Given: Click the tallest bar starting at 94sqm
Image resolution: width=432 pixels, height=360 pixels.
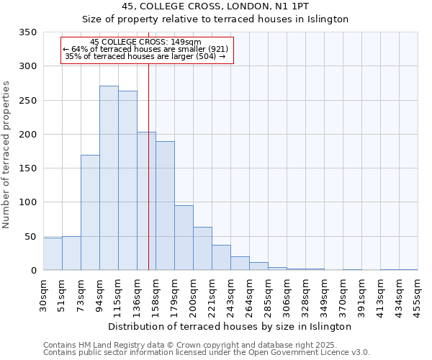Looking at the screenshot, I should pyautogui.click(x=109, y=178).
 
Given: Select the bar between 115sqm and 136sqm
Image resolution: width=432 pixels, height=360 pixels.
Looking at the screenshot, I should pyautogui.click(x=127, y=181).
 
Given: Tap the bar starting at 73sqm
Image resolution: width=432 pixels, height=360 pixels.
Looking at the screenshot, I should pyautogui.click(x=90, y=212).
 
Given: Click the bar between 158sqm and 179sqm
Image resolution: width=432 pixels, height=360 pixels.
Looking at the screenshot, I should pyautogui.click(x=165, y=206).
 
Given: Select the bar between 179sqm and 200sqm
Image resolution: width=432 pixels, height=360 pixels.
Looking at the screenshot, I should pyautogui.click(x=184, y=238).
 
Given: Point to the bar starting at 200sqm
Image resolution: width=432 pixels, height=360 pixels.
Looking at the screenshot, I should pyautogui.click(x=202, y=249).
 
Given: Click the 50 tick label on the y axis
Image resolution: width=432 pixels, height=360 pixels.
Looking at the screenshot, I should pyautogui.click(x=30, y=236).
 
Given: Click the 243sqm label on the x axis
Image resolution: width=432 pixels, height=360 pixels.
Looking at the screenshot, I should pyautogui.click(x=230, y=294).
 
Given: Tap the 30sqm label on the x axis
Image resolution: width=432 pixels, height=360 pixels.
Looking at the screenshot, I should pyautogui.click(x=43, y=294).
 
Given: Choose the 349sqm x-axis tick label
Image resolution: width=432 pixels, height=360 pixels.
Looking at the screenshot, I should pyautogui.click(x=324, y=294).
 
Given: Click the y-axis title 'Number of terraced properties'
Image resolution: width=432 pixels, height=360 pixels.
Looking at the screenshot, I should pyautogui.click(x=6, y=154).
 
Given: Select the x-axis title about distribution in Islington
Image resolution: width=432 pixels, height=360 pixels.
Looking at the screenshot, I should pyautogui.click(x=230, y=326).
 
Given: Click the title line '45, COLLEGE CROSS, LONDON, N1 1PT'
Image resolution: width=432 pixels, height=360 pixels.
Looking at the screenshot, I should pyautogui.click(x=215, y=6).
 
